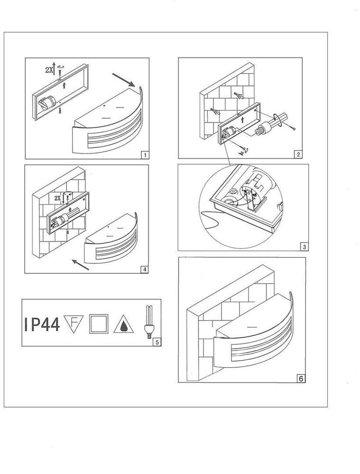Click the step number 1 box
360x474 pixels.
(145, 155)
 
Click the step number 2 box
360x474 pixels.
(298, 155)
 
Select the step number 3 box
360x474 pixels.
(305, 247)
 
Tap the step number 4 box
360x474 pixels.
(145, 270)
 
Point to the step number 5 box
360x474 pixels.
(157, 342)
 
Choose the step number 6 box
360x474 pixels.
(301, 379)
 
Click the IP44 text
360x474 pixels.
(42, 324)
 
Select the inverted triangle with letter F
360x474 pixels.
(74, 324)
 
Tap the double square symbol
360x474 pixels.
(99, 324)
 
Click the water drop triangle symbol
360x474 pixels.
(124, 325)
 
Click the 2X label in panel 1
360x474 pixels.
(49, 70)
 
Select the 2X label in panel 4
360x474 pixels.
(58, 198)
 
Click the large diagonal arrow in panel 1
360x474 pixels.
(123, 80)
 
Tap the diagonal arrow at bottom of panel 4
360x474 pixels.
(81, 264)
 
